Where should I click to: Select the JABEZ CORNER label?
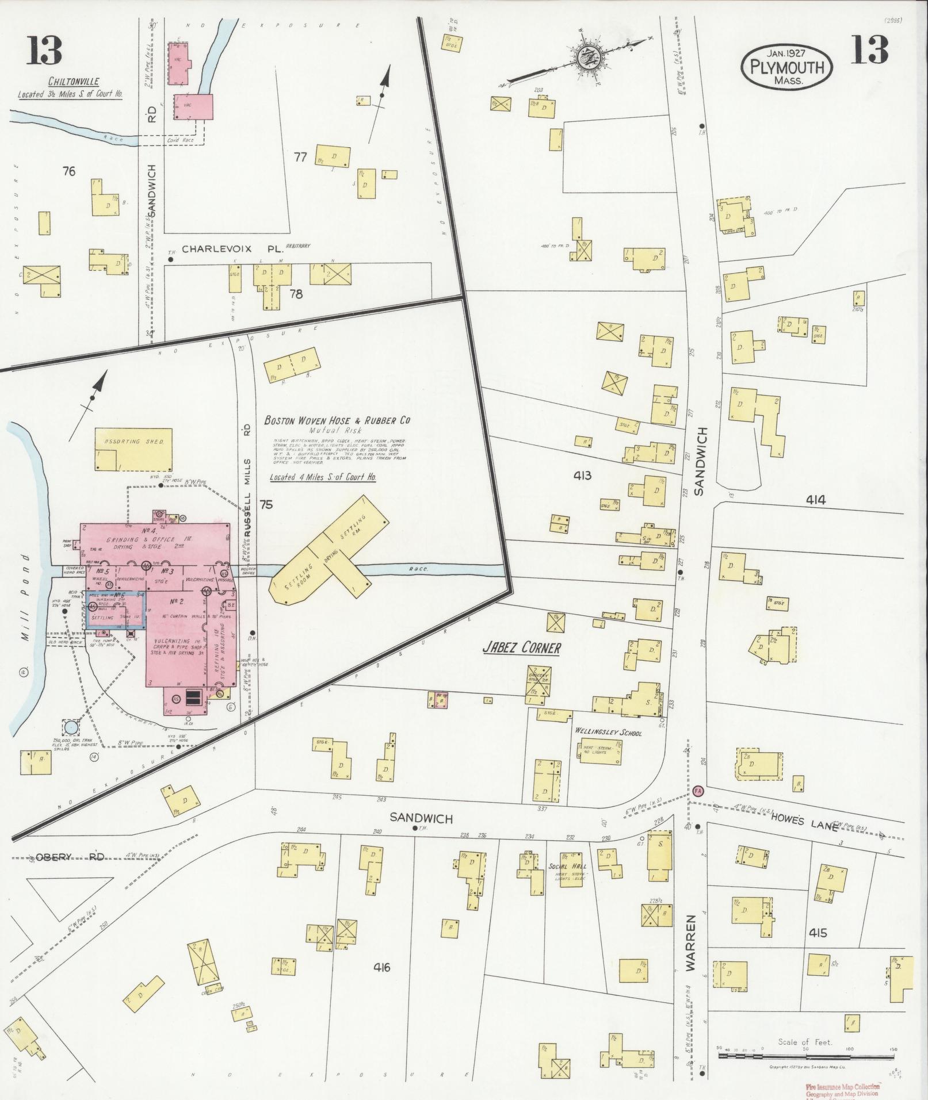click(x=521, y=648)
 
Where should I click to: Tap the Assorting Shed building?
click(x=133, y=449)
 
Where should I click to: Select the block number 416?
click(x=381, y=968)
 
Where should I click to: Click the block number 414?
click(x=815, y=500)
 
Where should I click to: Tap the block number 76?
click(x=69, y=171)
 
